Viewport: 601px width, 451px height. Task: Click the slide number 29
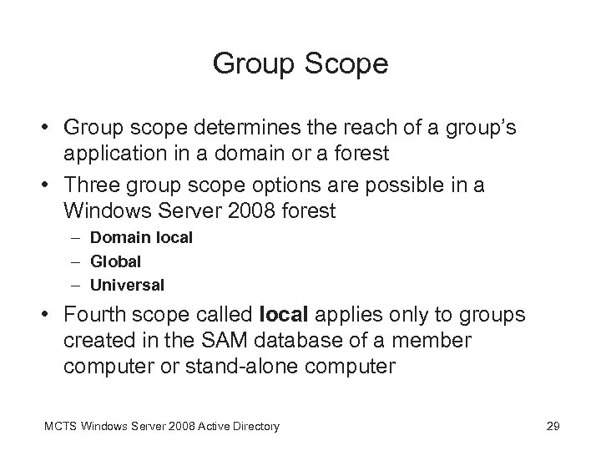coord(552,427)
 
